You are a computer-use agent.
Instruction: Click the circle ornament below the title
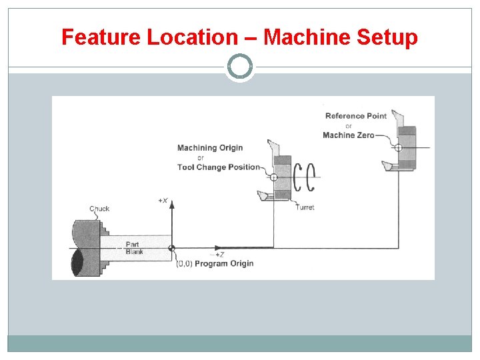240,67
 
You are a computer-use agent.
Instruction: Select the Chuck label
99,209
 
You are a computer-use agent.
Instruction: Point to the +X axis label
163,200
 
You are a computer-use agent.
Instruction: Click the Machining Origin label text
210,148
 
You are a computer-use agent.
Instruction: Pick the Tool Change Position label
218,167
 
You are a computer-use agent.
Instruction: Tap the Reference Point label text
355,116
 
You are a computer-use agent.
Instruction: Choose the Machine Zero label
348,135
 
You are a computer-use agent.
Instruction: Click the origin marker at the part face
172,248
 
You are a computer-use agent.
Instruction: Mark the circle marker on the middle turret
274,177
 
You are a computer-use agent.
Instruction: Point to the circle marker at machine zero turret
398,148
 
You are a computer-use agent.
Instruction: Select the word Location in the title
193,37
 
